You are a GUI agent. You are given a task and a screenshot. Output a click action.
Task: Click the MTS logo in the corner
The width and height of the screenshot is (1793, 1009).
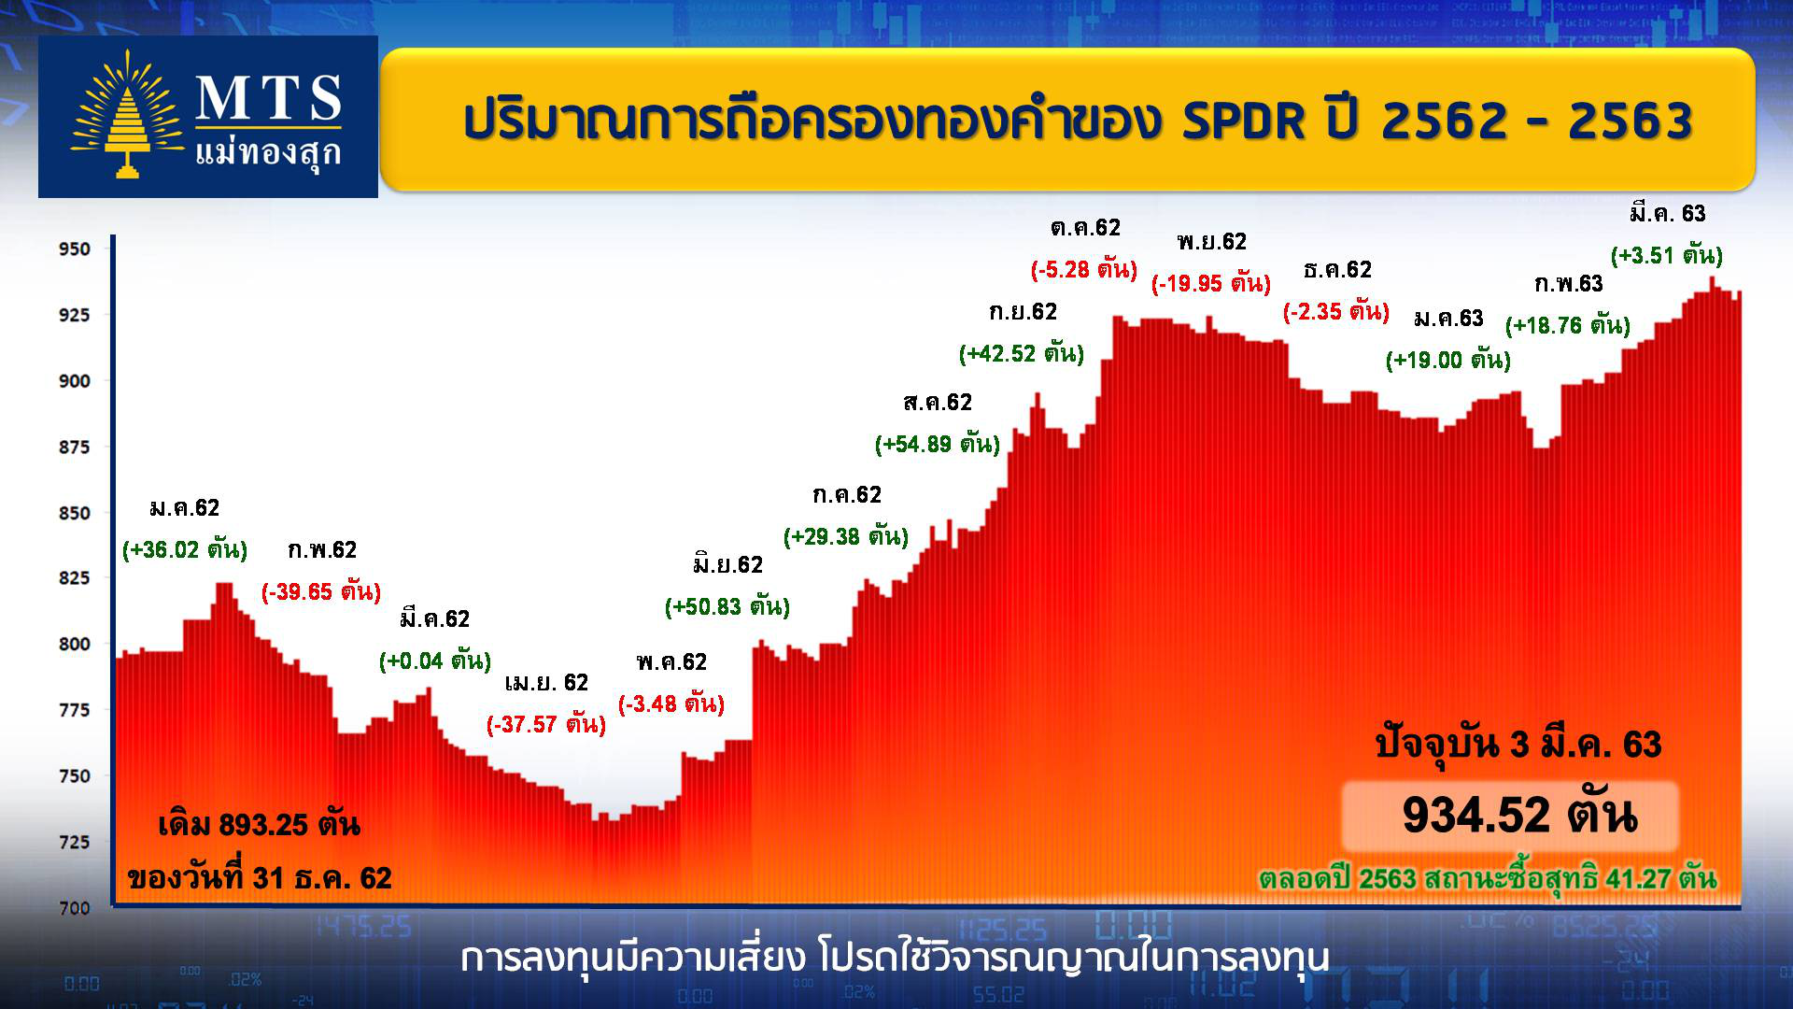(x=208, y=117)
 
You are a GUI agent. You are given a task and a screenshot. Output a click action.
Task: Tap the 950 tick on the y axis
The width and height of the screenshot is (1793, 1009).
(x=75, y=249)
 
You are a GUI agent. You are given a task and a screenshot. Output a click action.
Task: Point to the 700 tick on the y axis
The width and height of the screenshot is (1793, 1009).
(x=75, y=908)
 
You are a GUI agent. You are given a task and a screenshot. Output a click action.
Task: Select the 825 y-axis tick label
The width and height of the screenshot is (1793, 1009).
(x=75, y=578)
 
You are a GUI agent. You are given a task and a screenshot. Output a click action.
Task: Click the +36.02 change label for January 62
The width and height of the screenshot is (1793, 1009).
(x=185, y=549)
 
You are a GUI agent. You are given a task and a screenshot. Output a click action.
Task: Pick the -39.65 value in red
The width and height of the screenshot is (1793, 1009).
(x=321, y=591)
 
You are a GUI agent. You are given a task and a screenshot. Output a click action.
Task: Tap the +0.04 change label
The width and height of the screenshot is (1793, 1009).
(x=435, y=661)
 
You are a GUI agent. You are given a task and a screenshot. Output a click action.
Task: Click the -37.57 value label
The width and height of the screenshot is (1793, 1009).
(x=546, y=724)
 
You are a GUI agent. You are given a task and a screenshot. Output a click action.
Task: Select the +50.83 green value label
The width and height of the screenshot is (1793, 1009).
(x=727, y=606)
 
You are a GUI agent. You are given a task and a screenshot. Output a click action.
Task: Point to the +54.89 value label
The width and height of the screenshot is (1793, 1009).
(x=938, y=444)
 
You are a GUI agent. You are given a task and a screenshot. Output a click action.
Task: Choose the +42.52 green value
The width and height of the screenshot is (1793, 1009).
(x=1022, y=353)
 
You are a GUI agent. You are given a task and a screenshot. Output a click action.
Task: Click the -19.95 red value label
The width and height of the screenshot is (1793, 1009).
(x=1211, y=283)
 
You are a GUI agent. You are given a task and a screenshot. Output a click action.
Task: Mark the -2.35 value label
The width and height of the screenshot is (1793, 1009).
(x=1336, y=311)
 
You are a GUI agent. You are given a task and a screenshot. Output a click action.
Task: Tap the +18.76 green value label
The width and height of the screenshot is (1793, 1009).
(x=1568, y=325)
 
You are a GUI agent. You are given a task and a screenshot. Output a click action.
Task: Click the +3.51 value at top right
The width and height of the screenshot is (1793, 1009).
(x=1667, y=255)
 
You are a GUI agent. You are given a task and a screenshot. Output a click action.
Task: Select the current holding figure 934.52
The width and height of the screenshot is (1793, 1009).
(x=1476, y=815)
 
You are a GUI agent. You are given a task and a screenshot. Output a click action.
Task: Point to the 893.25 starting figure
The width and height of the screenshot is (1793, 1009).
(x=263, y=825)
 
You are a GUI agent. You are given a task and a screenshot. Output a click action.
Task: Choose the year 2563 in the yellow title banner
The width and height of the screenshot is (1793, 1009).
(x=1631, y=121)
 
